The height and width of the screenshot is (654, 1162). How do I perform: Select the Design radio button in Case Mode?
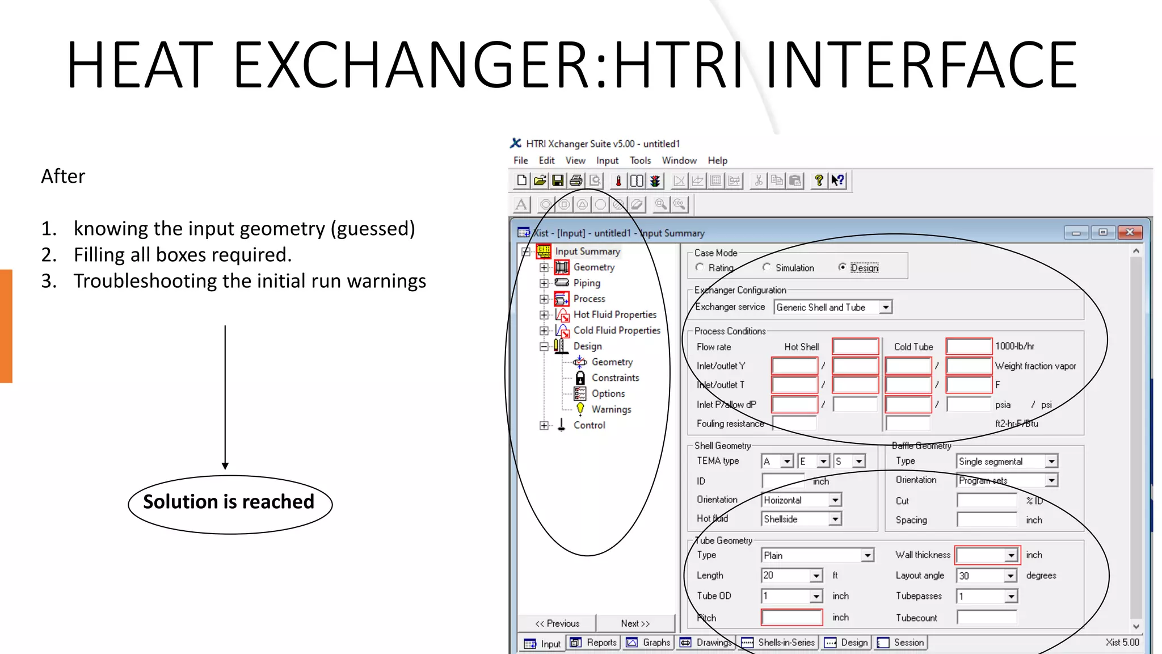[843, 267]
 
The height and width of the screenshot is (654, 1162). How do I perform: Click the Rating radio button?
[700, 267]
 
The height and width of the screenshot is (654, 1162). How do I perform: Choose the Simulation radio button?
[767, 267]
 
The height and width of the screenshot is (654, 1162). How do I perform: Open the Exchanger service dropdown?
[885, 307]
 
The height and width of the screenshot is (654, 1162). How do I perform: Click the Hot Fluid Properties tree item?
[614, 315]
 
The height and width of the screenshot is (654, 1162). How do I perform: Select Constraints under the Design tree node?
[615, 378]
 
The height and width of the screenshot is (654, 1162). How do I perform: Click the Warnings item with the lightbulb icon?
[611, 409]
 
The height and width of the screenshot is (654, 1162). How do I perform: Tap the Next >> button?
[635, 623]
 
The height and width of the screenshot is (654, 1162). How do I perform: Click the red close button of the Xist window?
[1130, 232]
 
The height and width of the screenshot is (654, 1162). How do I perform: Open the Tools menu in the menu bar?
[640, 161]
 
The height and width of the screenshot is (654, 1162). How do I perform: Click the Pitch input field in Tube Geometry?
[791, 618]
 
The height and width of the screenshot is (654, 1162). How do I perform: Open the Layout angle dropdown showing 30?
[1011, 576]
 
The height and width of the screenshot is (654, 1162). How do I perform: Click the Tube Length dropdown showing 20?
[816, 576]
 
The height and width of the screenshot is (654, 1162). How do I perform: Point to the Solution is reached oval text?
[229, 502]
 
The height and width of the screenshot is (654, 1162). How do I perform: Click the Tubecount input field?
[986, 618]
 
